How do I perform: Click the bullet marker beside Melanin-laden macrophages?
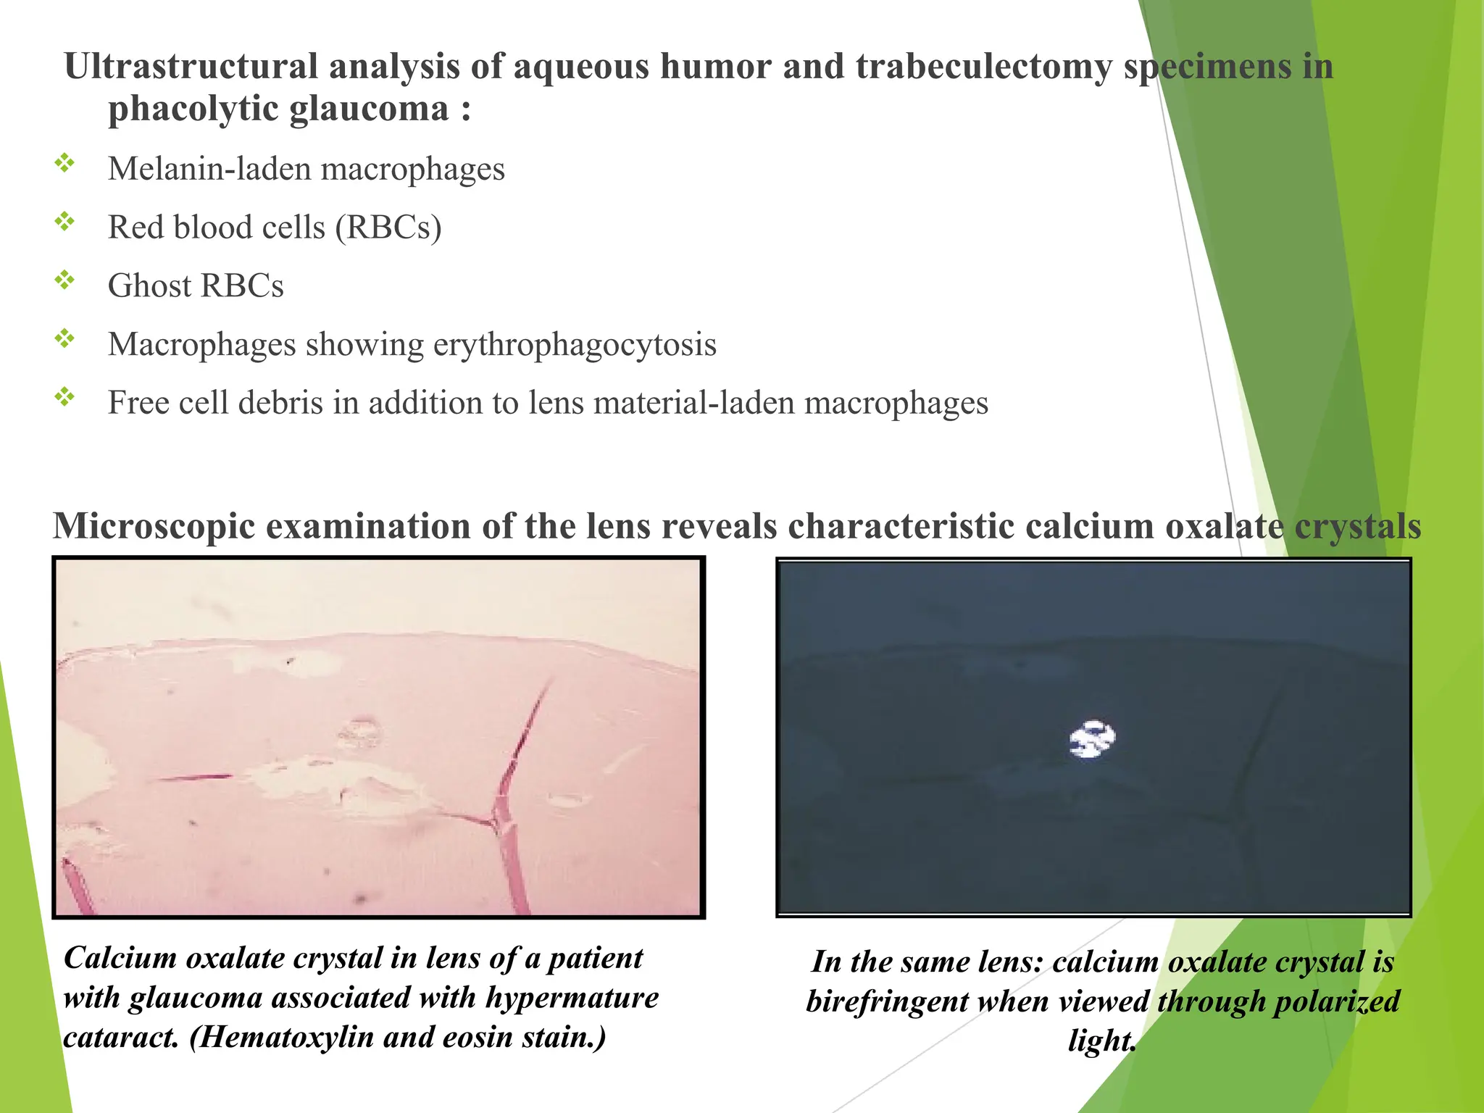click(x=65, y=163)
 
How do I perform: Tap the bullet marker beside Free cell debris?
click(x=65, y=397)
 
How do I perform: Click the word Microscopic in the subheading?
click(x=154, y=526)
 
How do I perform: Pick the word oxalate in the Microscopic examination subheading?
click(x=1224, y=526)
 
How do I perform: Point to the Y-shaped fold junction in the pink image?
click(x=497, y=822)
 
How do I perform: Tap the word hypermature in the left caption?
click(x=572, y=998)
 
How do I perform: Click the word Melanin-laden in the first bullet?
click(x=209, y=169)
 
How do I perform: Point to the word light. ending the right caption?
click(x=1101, y=1041)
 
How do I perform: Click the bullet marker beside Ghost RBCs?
click(x=65, y=280)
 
